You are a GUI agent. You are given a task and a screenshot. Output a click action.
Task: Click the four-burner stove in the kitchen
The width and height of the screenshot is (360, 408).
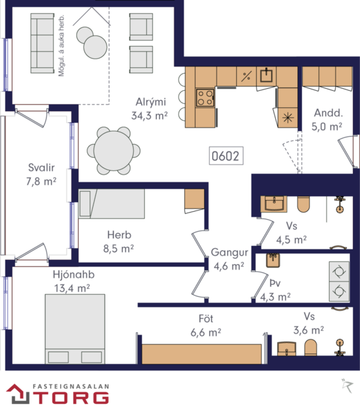coord(205,98)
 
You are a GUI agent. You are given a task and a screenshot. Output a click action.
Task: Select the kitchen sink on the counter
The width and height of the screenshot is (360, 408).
coord(267,75)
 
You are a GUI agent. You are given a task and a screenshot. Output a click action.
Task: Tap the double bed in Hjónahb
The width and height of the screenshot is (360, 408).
coord(74,328)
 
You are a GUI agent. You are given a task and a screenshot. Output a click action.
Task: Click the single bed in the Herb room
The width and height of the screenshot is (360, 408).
coord(111,204)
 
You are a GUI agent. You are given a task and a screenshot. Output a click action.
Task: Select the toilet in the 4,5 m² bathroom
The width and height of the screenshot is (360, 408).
coord(303,205)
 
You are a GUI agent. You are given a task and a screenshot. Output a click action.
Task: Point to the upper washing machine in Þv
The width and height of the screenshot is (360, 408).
coord(339,271)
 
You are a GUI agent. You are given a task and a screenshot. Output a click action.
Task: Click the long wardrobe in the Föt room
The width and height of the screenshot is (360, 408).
coord(202,353)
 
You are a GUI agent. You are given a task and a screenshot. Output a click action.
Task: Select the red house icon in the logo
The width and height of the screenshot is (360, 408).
coord(16,394)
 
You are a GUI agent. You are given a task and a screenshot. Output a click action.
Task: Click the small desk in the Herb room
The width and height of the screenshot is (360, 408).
coord(194,199)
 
